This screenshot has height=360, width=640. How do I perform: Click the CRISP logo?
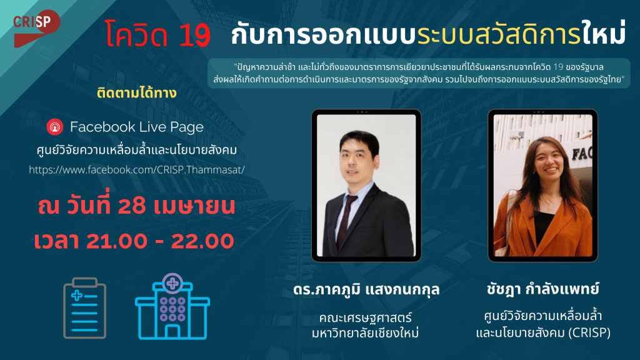[x=36, y=27]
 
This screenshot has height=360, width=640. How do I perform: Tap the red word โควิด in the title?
[x=136, y=34]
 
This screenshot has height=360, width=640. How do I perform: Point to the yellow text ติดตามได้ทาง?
[x=137, y=93]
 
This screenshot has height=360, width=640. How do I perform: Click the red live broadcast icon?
[x=55, y=127]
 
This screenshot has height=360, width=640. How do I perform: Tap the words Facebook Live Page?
[x=137, y=127]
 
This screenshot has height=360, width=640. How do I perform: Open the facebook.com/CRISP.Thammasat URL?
[x=137, y=170]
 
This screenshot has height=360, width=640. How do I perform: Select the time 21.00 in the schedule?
[x=116, y=241]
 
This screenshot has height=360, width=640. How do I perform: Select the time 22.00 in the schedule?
[x=202, y=241]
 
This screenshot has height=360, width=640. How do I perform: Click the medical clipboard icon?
[x=84, y=307]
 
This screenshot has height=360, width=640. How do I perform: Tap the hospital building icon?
[x=172, y=306]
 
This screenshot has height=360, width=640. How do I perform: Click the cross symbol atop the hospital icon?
[x=172, y=283]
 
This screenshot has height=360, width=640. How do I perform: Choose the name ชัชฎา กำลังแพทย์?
[x=543, y=289]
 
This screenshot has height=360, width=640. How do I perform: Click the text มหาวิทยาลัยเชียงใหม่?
[x=365, y=332]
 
